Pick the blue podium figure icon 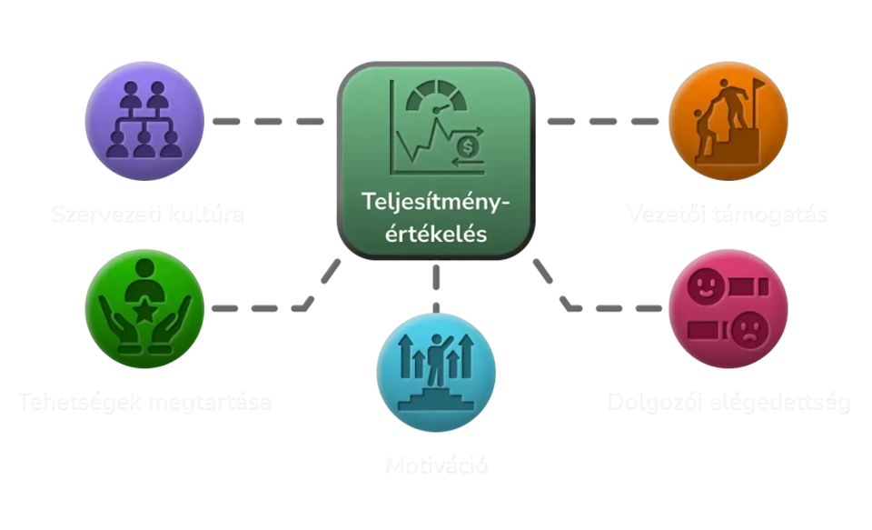coord(436,372)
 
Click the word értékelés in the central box coord(436,233)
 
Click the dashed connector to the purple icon coord(268,120)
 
